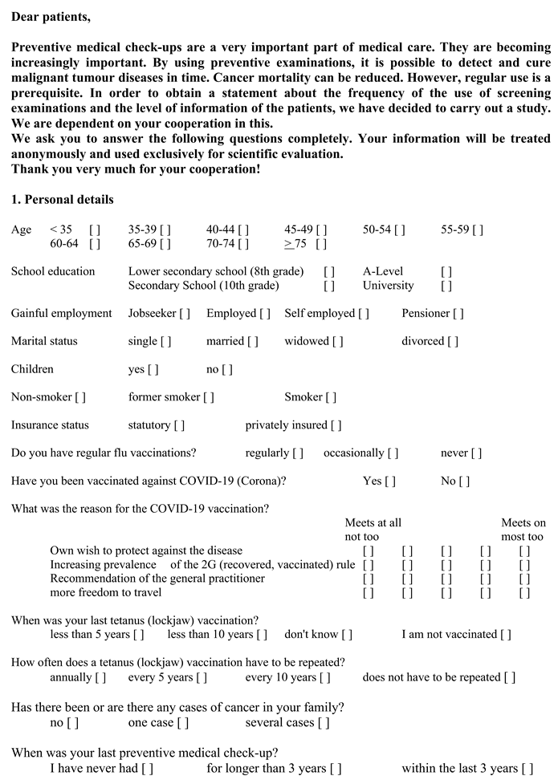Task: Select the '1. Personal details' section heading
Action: (x=63, y=200)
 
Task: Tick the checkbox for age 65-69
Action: (x=165, y=244)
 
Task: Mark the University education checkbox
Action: (x=446, y=286)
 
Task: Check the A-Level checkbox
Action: (x=446, y=272)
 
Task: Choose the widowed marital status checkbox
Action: (x=337, y=342)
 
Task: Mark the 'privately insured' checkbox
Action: (x=336, y=425)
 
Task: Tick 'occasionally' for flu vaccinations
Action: (x=393, y=453)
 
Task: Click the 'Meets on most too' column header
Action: (x=523, y=530)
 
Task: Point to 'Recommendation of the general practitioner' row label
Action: (x=157, y=579)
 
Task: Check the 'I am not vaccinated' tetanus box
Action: (x=505, y=635)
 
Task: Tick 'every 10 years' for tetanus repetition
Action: (x=325, y=677)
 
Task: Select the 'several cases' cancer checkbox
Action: (x=324, y=723)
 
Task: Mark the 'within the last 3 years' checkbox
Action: (x=527, y=769)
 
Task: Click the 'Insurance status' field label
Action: (x=50, y=425)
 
